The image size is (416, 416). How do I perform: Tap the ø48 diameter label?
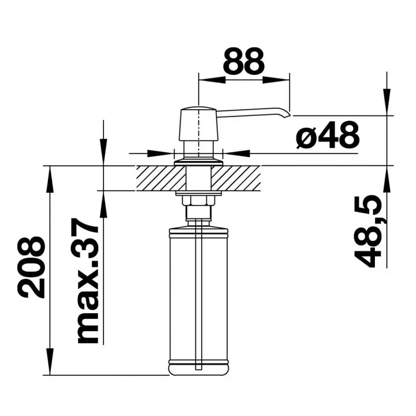328,136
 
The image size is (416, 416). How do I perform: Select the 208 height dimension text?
31,267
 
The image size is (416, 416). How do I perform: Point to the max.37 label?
87,281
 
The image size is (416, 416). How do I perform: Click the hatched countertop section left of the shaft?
161,178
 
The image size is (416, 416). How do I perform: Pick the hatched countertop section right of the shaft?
236,178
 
